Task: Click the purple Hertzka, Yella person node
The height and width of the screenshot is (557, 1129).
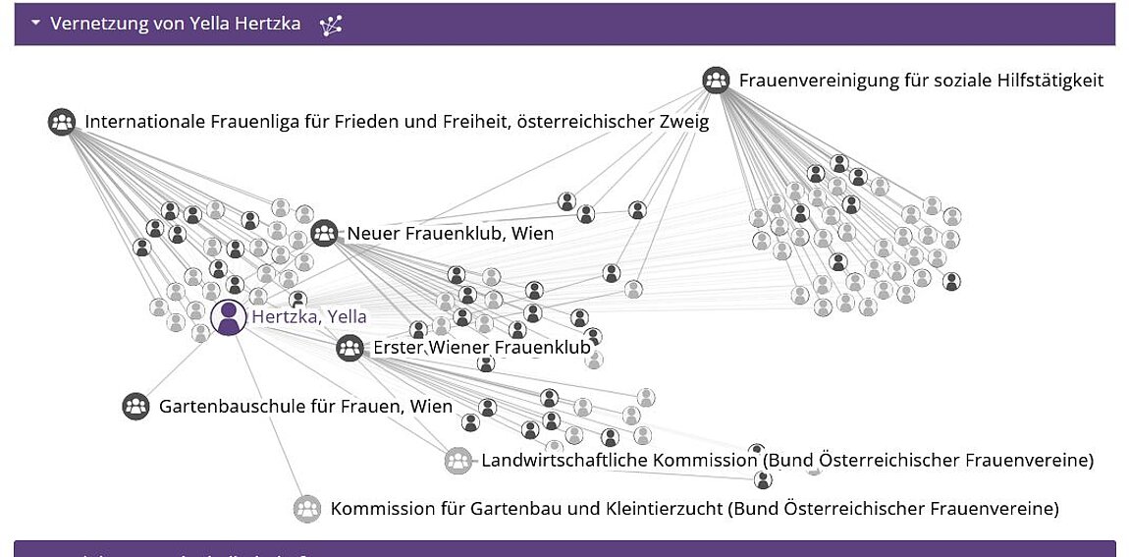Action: click(229, 317)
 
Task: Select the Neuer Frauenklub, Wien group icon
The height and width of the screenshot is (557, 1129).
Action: click(325, 234)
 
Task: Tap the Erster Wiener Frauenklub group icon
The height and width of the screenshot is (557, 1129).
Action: click(349, 348)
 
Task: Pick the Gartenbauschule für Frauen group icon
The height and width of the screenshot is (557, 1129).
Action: click(135, 407)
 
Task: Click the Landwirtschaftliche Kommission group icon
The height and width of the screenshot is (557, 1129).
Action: click(457, 461)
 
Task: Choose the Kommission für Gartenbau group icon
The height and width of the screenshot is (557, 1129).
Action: click(307, 509)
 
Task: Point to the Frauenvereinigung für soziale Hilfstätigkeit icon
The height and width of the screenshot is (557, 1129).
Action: click(717, 80)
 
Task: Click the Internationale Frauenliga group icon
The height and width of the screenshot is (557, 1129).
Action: click(62, 122)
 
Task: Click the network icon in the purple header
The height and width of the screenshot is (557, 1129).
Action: click(331, 26)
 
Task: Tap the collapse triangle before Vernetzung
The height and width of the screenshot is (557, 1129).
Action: click(36, 23)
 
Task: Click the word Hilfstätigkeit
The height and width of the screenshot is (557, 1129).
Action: click(1048, 80)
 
